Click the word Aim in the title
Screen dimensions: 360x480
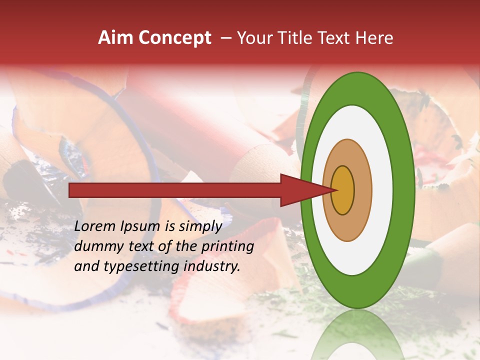[x=115, y=38]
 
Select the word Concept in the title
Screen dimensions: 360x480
[x=175, y=38]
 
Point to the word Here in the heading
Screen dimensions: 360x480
[x=374, y=38]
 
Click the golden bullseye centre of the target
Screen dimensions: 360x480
[x=343, y=190]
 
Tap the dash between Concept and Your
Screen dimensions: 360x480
[x=225, y=38]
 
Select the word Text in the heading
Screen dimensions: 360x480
[x=331, y=38]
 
